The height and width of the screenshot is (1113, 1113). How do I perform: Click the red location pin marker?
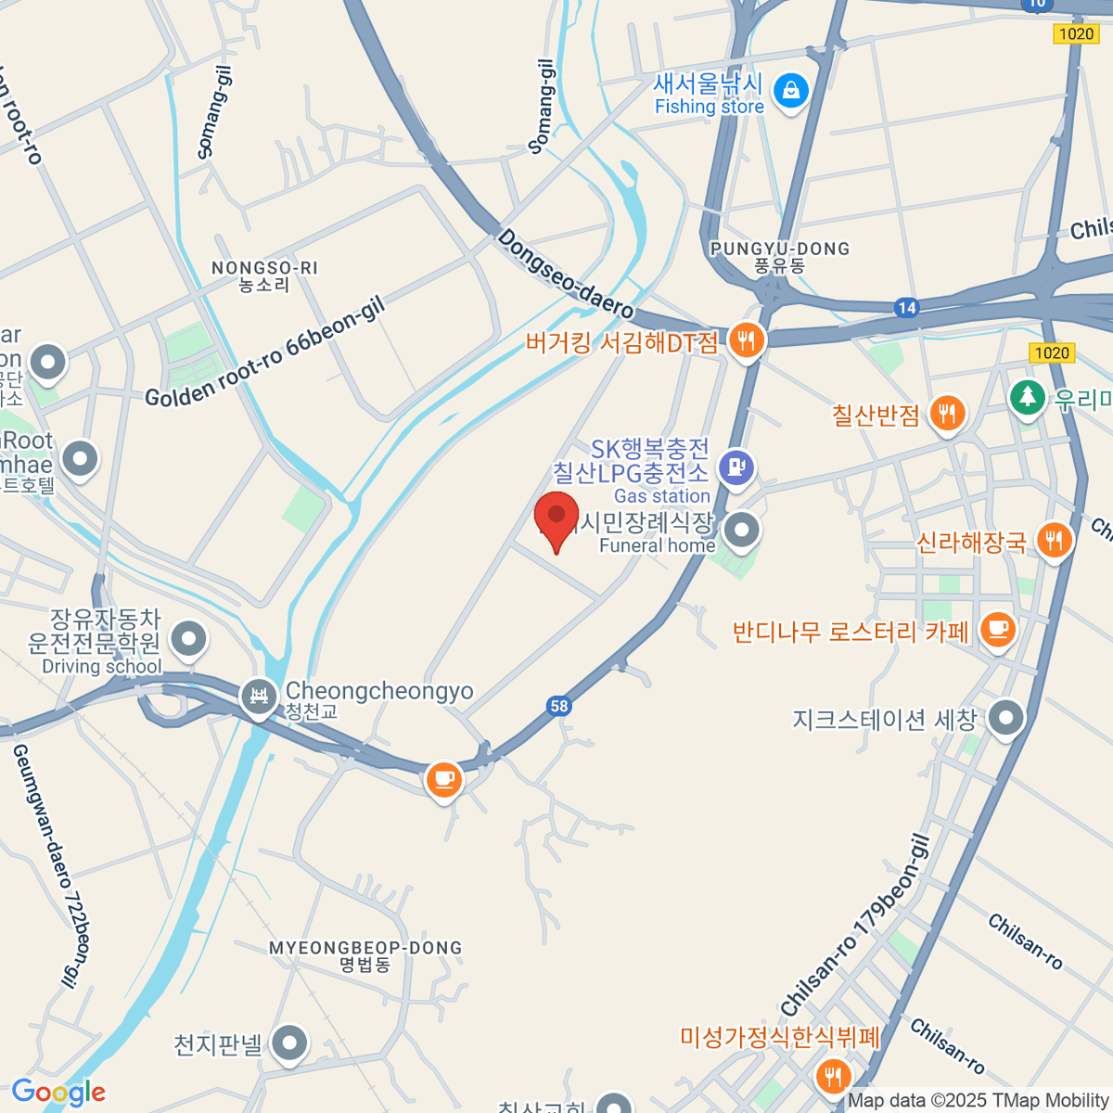point(556,519)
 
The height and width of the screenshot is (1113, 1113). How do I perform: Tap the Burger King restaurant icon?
point(746,339)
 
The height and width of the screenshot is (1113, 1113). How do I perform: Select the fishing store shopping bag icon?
point(791,92)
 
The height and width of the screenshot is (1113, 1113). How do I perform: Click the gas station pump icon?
point(737,467)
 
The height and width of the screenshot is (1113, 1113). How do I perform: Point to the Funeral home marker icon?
point(741,531)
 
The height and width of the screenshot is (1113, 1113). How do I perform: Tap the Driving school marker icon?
point(190,638)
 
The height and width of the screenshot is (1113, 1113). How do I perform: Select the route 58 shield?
point(558,706)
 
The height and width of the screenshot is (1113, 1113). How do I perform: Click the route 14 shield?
point(906,308)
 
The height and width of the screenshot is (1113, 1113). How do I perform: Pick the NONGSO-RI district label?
point(264,276)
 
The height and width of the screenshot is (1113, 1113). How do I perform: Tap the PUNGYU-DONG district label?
point(779,257)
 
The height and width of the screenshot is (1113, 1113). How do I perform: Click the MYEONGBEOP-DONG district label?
point(365,955)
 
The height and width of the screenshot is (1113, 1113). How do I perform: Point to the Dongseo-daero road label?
point(566,275)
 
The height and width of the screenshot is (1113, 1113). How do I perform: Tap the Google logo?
point(58,1093)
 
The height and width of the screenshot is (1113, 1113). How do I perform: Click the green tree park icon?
point(1027,397)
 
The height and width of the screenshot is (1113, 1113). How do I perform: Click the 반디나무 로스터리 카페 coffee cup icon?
point(997,629)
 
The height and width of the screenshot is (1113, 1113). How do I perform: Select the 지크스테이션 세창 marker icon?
point(1005,717)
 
